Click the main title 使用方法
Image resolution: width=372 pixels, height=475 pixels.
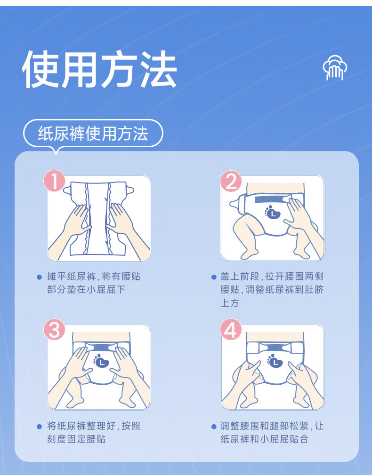coord(99,69)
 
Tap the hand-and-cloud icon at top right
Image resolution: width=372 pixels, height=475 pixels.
coord(335,68)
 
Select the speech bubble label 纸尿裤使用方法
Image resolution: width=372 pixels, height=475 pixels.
coord(93,134)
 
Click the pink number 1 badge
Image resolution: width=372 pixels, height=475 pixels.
coord(54,181)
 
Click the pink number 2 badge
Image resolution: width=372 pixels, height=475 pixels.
coord(231,181)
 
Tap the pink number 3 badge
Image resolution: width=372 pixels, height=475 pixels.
coord(54,329)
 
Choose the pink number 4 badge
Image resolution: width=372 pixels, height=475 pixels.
coord(231,329)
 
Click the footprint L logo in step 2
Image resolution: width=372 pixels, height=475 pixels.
coord(272,212)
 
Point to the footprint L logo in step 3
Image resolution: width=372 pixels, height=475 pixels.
coord(101,361)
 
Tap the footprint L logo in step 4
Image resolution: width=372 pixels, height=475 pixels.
coord(275,361)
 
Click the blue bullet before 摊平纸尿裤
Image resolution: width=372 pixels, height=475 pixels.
coord(39,277)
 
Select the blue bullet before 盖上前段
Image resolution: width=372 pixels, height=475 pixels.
coord(214,277)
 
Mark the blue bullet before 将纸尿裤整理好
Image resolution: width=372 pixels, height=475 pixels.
coord(39,427)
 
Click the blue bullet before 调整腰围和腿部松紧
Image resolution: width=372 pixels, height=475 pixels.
coord(214,427)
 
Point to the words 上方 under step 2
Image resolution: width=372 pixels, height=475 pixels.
coord(230,303)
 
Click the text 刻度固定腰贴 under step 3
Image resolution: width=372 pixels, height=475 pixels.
coord(76,439)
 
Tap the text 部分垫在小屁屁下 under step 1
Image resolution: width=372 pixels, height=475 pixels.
coord(86,290)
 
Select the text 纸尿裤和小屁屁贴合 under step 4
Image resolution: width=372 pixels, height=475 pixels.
coord(264,439)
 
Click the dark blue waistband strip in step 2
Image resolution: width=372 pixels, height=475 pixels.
coord(269,199)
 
